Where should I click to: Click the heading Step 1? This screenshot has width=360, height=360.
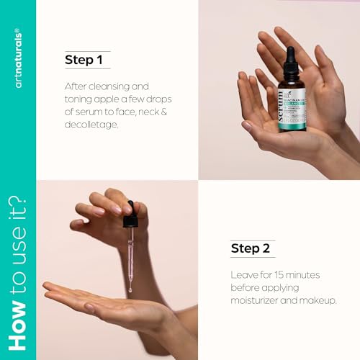coord(83,60)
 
